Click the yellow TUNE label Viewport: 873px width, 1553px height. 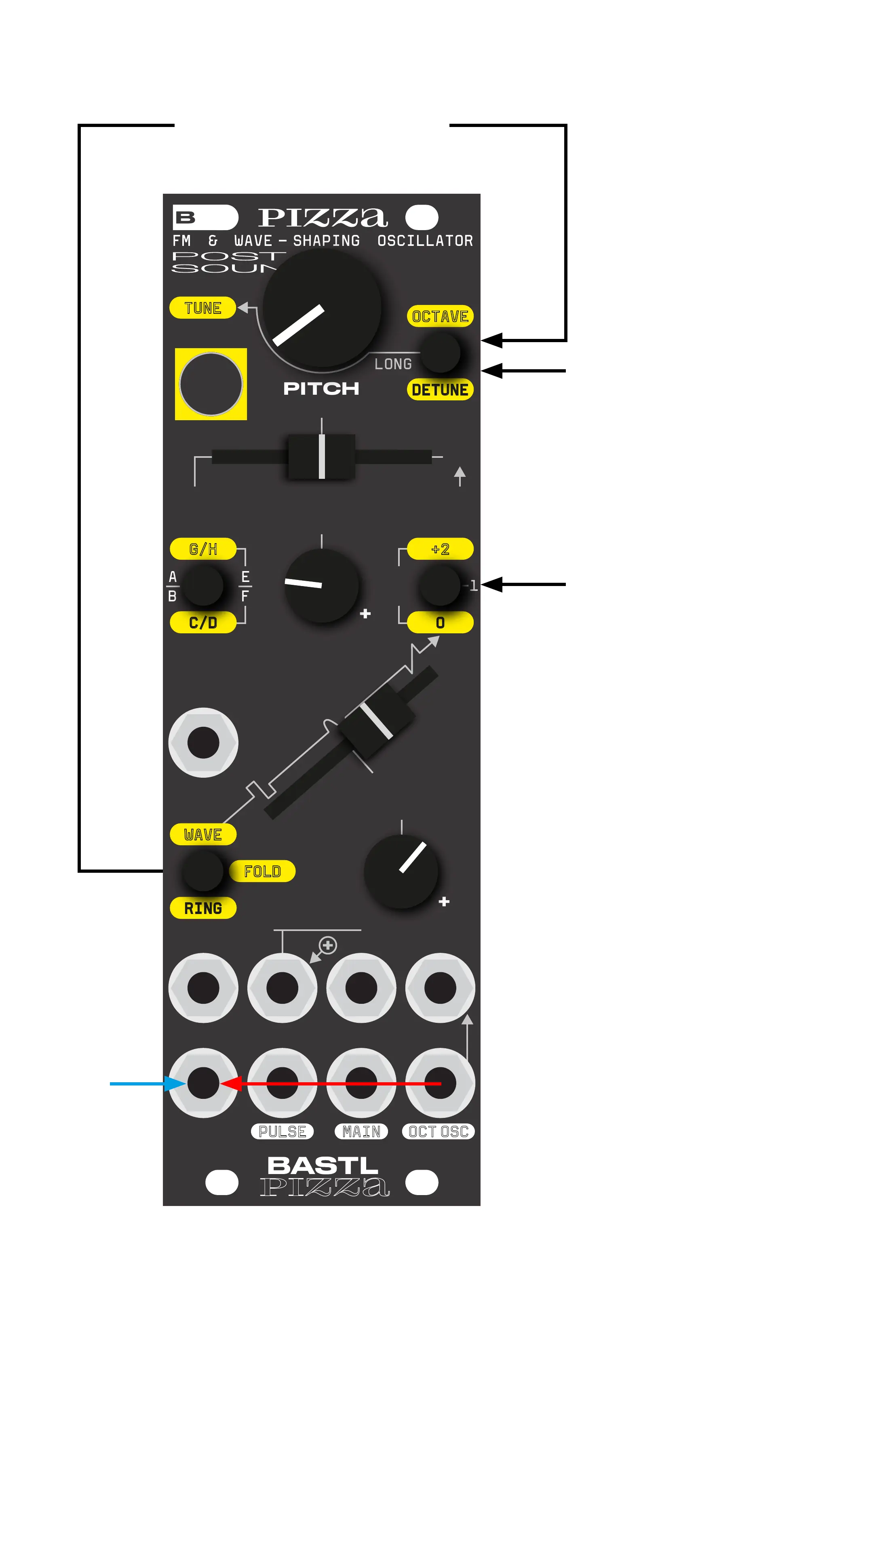[x=202, y=308]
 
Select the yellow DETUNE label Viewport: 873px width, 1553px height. [x=440, y=390]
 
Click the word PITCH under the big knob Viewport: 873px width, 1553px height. [x=321, y=389]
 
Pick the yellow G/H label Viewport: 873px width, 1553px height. [x=203, y=549]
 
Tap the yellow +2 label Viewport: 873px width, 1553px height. [x=440, y=549]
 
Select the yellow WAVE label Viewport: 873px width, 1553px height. [x=203, y=834]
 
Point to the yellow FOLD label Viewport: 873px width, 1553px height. [x=262, y=871]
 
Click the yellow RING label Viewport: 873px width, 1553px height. [x=203, y=908]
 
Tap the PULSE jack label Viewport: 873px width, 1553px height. [x=282, y=1132]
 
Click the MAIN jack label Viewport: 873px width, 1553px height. [x=361, y=1132]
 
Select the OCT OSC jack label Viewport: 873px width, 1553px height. [x=438, y=1132]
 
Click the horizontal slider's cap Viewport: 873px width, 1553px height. [x=322, y=456]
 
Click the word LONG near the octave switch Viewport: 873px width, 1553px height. [x=393, y=364]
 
